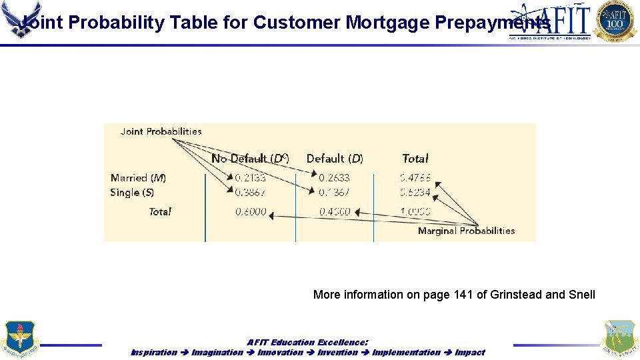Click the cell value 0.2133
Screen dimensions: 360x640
pyautogui.click(x=250, y=178)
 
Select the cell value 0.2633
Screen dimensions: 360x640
pyautogui.click(x=334, y=178)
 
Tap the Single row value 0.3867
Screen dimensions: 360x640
pyautogui.click(x=250, y=193)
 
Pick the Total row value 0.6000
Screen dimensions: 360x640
pyautogui.click(x=251, y=212)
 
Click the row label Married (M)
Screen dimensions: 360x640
pyautogui.click(x=139, y=178)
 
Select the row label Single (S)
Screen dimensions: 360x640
pyautogui.click(x=132, y=193)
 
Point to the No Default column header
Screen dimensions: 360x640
pyautogui.click(x=250, y=159)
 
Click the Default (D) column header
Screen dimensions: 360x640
pyautogui.click(x=335, y=159)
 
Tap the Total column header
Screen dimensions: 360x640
pyautogui.click(x=415, y=159)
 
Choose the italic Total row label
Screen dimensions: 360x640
pyautogui.click(x=160, y=212)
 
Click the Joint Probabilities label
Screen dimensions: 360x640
pyautogui.click(x=161, y=131)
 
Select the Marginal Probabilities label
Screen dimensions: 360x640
pyautogui.click(x=466, y=231)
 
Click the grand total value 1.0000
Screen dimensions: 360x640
pyautogui.click(x=415, y=212)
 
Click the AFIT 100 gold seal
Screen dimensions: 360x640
pyautogui.click(x=615, y=21)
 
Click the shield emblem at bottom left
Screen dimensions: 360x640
pyautogui.click(x=20, y=339)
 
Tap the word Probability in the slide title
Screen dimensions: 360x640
pyautogui.click(x=117, y=23)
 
